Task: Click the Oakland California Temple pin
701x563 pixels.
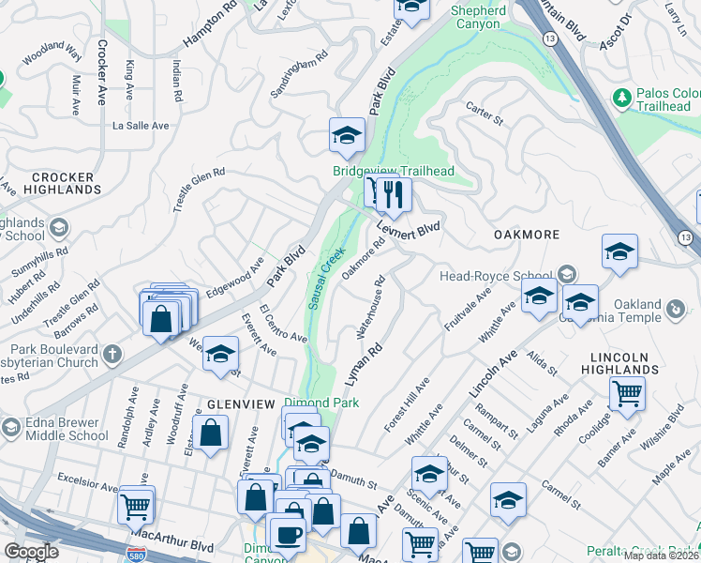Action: coord(674,307)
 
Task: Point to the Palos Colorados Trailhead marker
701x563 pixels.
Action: coord(621,97)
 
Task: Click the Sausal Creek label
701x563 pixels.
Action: coord(320,279)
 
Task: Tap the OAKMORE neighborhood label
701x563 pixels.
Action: coord(527,235)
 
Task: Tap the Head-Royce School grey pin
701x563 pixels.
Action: coord(566,275)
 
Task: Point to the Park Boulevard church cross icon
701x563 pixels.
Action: coord(112,355)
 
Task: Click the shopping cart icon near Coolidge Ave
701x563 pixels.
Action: coord(626,393)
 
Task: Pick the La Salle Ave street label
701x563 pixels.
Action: coord(141,125)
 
